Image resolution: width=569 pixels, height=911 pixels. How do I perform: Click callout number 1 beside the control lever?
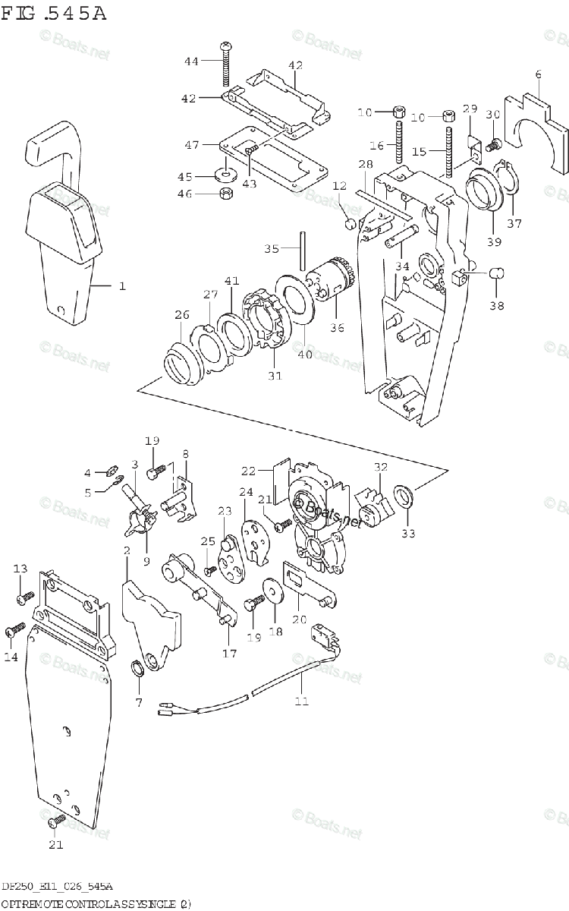[x=121, y=286]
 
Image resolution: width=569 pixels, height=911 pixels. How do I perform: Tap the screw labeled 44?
[x=226, y=65]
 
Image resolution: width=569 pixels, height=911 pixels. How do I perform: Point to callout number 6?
[x=538, y=74]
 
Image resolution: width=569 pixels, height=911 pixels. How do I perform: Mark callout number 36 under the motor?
[x=336, y=327]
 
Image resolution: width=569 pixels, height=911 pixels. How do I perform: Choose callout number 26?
[x=181, y=315]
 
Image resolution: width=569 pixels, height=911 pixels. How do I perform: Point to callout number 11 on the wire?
[x=302, y=701]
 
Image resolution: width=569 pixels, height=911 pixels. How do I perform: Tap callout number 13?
[x=20, y=569]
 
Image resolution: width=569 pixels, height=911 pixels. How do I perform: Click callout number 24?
[x=246, y=492]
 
